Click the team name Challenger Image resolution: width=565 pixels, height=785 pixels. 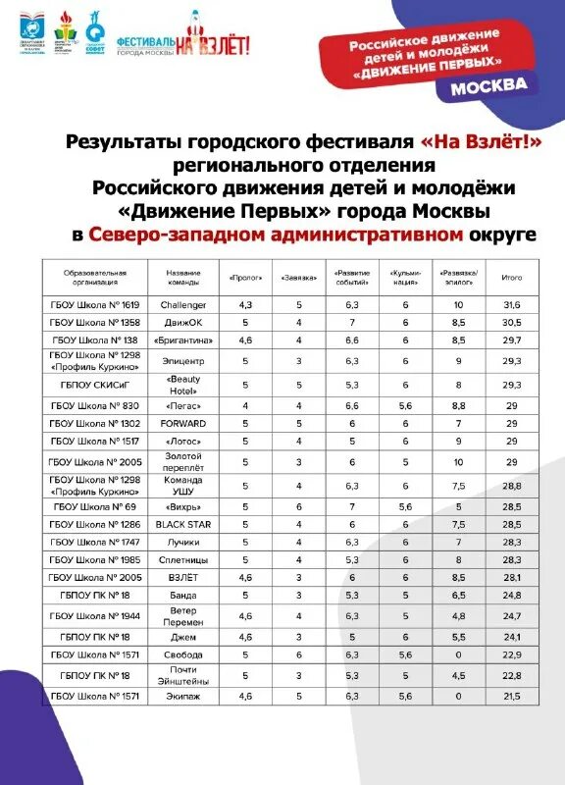click(x=183, y=305)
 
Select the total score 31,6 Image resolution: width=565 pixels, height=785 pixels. click(x=511, y=305)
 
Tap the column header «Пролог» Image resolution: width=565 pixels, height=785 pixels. click(x=245, y=278)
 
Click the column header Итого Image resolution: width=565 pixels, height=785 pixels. click(x=511, y=278)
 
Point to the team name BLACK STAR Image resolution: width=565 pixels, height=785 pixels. click(x=183, y=525)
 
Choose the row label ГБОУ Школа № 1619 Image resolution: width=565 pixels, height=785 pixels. click(x=95, y=305)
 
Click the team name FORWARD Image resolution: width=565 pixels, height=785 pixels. click(x=183, y=423)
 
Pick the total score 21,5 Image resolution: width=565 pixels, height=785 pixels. click(x=511, y=696)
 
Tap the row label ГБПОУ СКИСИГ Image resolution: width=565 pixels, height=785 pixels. click(x=95, y=384)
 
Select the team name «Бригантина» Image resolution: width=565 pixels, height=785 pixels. click(x=183, y=340)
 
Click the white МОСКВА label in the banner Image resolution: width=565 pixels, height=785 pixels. click(x=488, y=85)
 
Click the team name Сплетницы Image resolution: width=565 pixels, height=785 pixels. click(x=183, y=559)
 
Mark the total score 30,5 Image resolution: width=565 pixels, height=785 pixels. click(x=511, y=322)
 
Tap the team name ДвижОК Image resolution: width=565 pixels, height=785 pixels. click(x=183, y=322)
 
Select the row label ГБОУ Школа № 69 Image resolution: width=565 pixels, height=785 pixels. click(x=95, y=507)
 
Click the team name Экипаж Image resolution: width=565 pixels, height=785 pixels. click(x=183, y=696)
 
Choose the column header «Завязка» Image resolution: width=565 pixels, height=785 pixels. click(x=299, y=278)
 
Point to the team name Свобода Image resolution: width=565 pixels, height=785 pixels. click(x=183, y=654)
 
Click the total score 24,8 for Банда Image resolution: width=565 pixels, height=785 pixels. click(x=511, y=595)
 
